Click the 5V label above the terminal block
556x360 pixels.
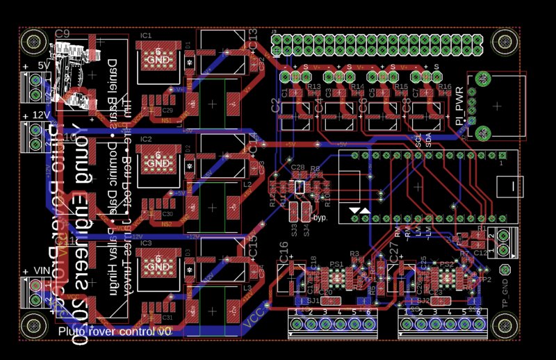pos(44,65)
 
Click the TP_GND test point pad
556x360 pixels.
pos(505,270)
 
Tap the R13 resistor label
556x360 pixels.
pos(314,87)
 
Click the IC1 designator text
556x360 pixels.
pos(146,35)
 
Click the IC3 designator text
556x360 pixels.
pos(146,243)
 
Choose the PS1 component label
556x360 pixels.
pos(336,264)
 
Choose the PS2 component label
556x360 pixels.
pos(445,264)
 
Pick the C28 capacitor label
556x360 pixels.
pos(298,167)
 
